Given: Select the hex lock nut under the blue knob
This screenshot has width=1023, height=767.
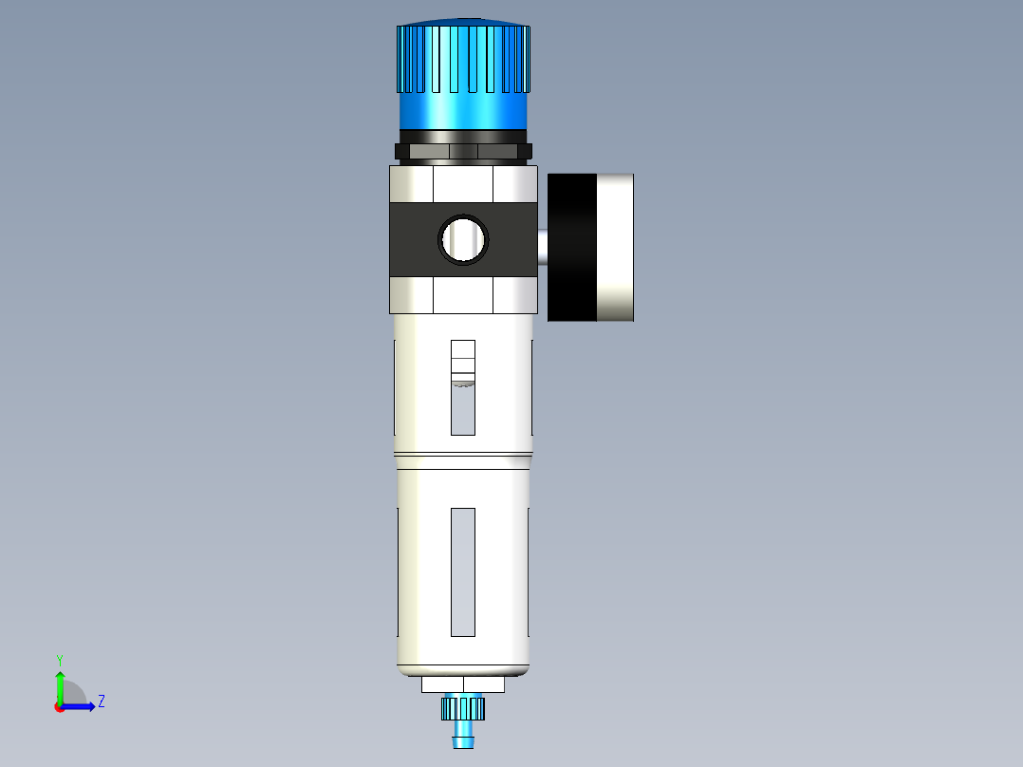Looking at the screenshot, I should click(x=463, y=151).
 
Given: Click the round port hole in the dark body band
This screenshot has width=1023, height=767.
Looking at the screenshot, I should click(x=463, y=239).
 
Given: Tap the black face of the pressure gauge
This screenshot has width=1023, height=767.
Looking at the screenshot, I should click(x=571, y=248).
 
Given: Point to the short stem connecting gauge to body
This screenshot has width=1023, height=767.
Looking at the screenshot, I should click(x=542, y=247).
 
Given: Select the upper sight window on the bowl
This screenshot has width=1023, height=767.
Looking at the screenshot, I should click(x=462, y=387).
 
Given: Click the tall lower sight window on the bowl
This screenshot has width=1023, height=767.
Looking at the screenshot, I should click(x=462, y=571).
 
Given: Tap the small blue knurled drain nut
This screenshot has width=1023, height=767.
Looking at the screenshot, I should click(x=463, y=707).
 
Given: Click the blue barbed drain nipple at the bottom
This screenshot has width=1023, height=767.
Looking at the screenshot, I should click(x=463, y=735).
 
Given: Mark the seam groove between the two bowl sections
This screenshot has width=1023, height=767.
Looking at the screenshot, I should click(x=463, y=454).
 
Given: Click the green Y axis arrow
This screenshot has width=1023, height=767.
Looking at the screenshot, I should click(x=60, y=685).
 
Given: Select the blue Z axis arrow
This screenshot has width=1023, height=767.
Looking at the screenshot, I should click(x=80, y=706).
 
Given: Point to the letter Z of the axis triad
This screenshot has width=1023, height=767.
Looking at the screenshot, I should click(x=101, y=702).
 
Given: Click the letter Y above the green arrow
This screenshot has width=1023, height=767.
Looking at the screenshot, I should click(x=59, y=659).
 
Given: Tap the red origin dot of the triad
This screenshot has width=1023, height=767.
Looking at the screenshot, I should click(x=59, y=707).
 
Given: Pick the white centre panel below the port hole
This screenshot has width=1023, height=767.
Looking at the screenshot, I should click(x=463, y=296).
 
